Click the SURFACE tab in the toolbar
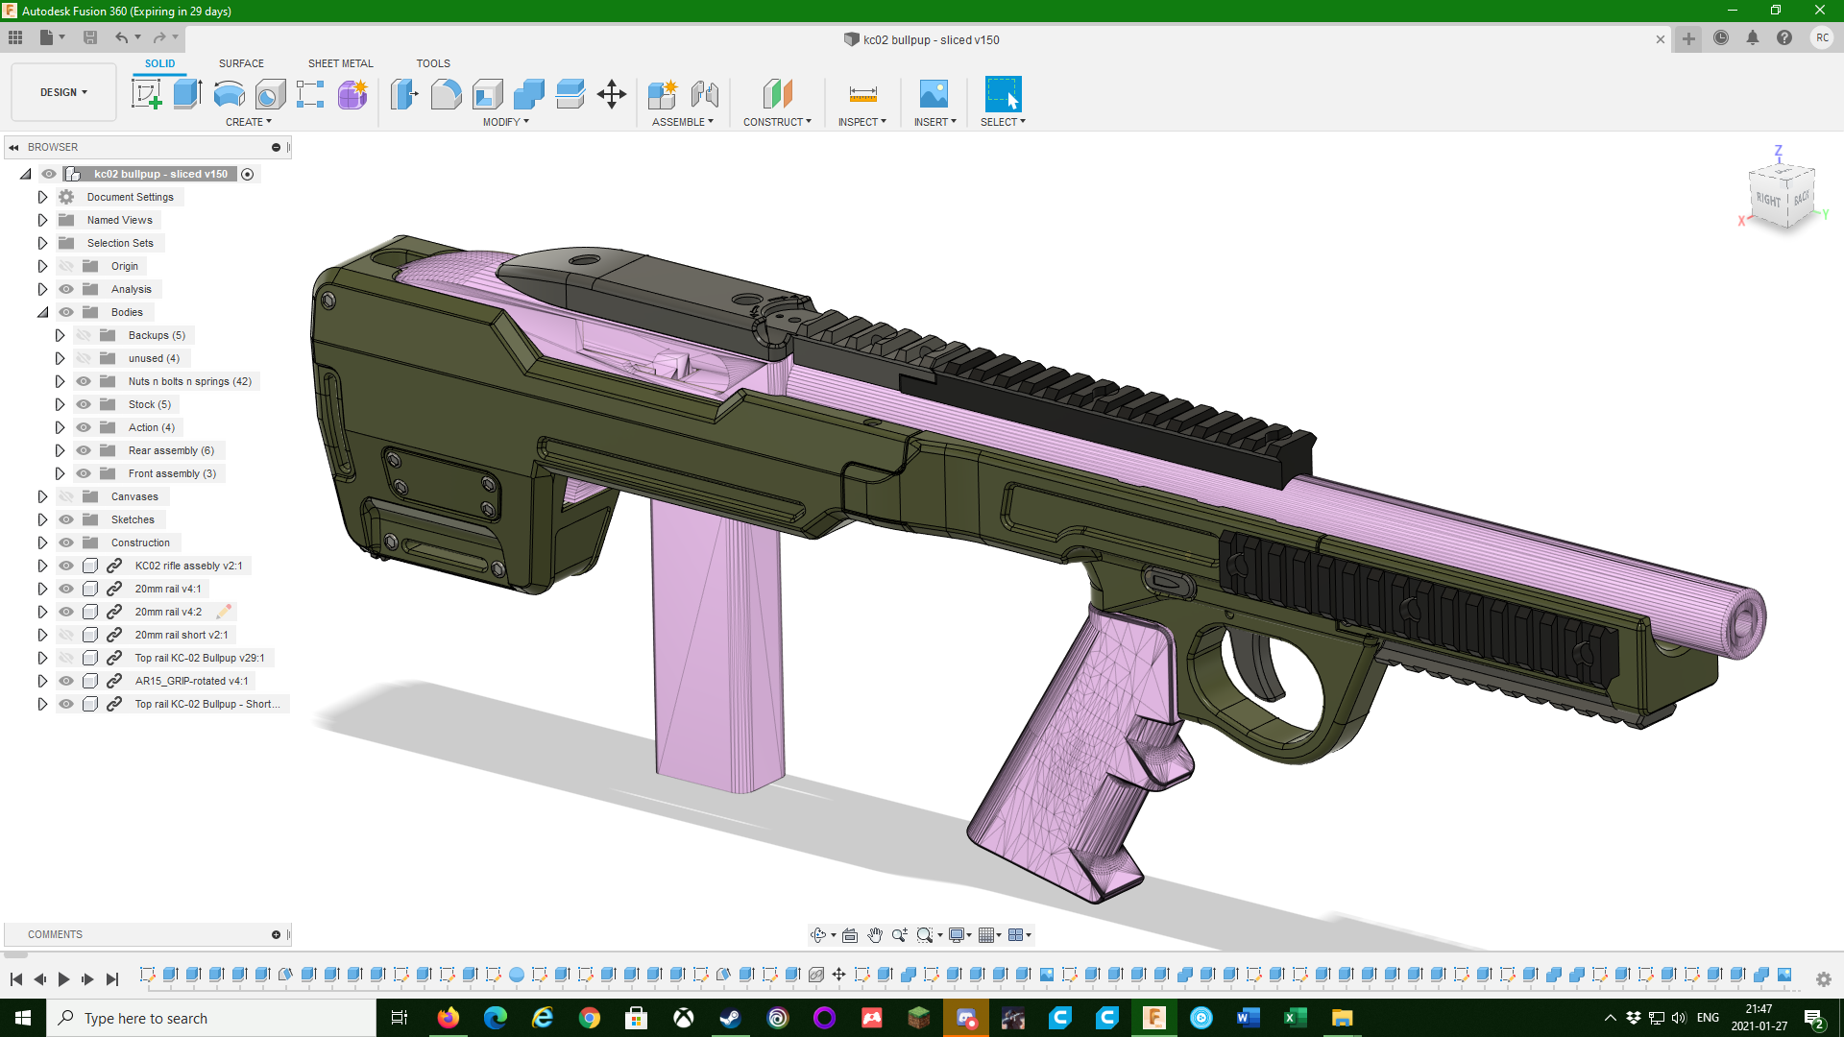coord(241,63)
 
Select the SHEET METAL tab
coord(340,63)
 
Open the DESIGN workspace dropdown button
coord(63,92)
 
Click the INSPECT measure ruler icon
coord(862,94)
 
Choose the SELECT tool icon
coord(1003,94)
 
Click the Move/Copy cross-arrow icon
coord(612,94)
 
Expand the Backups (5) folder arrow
coord(60,335)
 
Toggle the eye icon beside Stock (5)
coord(84,404)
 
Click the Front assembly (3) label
coord(172,473)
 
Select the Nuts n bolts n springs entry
coord(189,381)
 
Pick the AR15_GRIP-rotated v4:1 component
coord(191,681)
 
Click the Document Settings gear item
coord(130,197)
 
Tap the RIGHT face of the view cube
coord(1768,200)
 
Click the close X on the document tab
coord(1660,39)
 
